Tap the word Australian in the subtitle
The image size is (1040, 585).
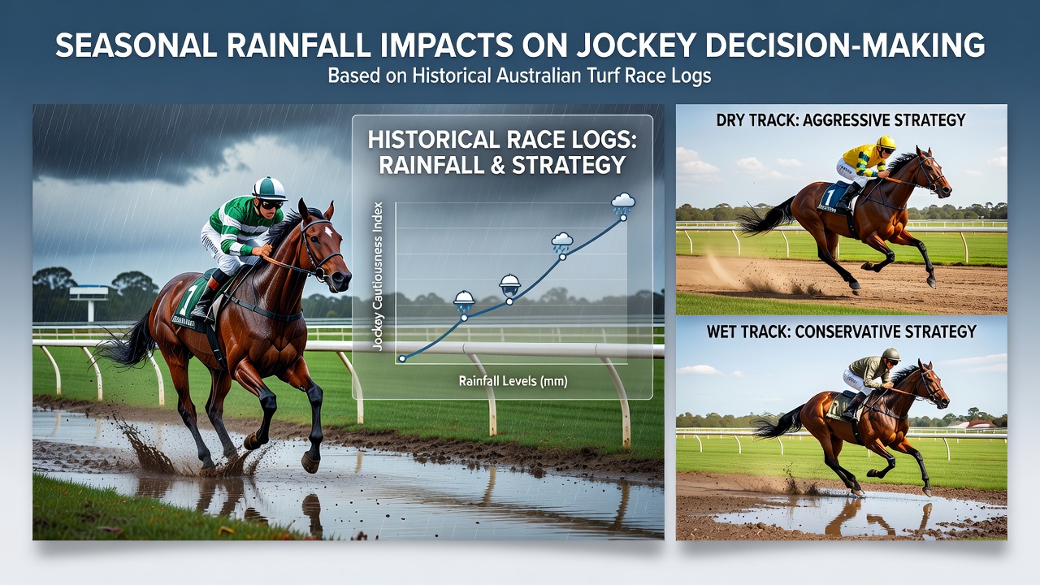539,76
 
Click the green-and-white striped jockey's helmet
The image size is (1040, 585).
269,188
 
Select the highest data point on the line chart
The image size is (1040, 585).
623,218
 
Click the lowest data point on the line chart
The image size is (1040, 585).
402,358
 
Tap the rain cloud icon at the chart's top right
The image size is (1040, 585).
622,203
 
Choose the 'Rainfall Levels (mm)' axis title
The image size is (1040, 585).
513,382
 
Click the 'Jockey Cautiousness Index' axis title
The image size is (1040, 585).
378,276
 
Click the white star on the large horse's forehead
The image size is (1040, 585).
328,231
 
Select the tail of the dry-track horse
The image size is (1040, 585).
766,217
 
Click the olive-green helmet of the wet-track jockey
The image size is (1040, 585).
891,355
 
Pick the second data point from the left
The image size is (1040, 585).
463,318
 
